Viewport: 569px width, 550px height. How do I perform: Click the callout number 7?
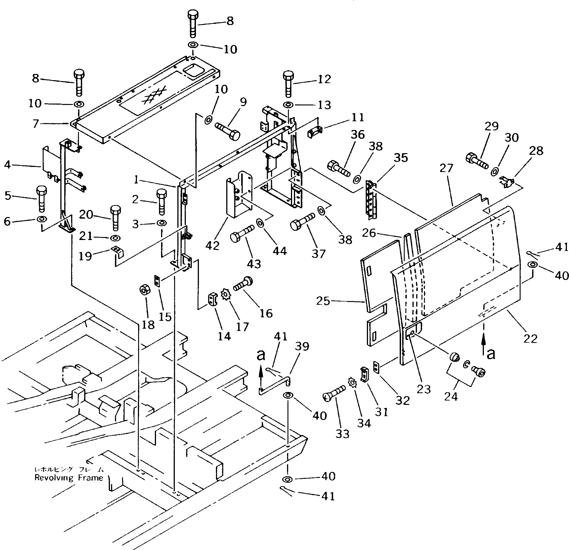click(35, 124)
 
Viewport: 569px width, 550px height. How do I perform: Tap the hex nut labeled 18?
click(144, 289)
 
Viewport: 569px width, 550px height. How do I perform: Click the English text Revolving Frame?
click(69, 478)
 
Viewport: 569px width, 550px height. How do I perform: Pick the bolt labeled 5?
click(41, 200)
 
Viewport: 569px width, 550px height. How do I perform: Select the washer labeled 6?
click(41, 218)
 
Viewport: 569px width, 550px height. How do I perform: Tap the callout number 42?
click(212, 246)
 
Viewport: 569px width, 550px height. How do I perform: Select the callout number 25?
click(323, 301)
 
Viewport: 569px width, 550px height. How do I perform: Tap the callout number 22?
click(530, 338)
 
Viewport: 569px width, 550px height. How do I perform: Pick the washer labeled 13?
click(288, 104)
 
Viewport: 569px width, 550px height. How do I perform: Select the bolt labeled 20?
click(116, 218)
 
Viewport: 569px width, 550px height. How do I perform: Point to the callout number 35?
click(401, 158)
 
